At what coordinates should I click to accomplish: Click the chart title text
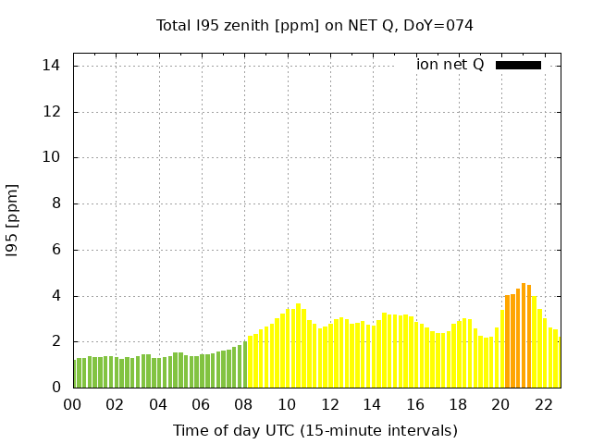314,26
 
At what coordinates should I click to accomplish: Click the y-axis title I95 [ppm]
13,220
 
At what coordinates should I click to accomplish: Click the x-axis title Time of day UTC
314,430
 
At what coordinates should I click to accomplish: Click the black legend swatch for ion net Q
518,65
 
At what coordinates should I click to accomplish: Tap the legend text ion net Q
450,65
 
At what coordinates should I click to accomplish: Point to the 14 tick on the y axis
51,66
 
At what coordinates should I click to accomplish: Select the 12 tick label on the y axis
51,112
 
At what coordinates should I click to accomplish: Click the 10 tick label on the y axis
51,157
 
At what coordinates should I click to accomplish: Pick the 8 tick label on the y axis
55,203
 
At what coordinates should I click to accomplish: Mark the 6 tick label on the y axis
55,250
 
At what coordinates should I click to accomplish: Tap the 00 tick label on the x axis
73,404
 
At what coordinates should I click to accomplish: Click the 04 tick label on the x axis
158,404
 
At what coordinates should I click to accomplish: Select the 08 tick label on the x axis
244,404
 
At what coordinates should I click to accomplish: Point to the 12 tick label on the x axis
329,404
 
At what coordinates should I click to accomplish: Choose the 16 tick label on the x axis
415,404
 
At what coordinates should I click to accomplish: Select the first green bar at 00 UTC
76,374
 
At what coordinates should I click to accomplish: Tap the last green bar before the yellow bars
245,364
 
